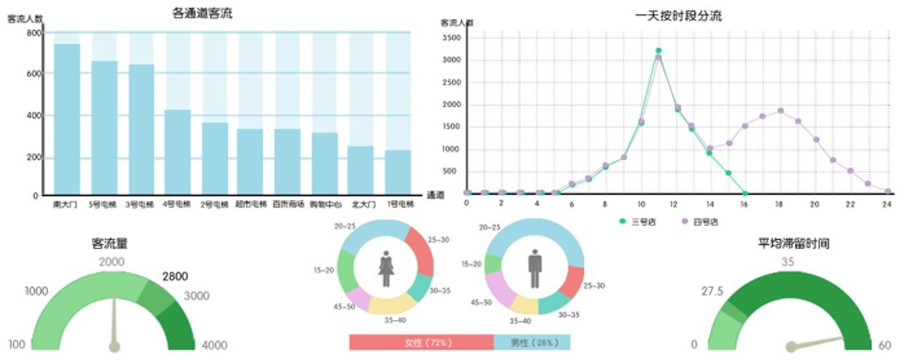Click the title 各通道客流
[203, 13]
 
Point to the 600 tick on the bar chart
[34, 74]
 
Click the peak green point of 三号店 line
[658, 50]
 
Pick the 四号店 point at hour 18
[780, 111]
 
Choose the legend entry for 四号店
[701, 221]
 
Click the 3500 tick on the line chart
[452, 37]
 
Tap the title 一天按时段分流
[678, 16]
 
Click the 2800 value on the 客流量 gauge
[175, 276]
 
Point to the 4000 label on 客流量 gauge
[213, 345]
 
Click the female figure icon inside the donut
[386, 268]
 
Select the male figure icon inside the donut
[535, 268]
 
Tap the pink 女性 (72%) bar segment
[421, 343]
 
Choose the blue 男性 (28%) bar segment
[532, 343]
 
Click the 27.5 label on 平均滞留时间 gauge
[712, 291]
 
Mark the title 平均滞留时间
[793, 243]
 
